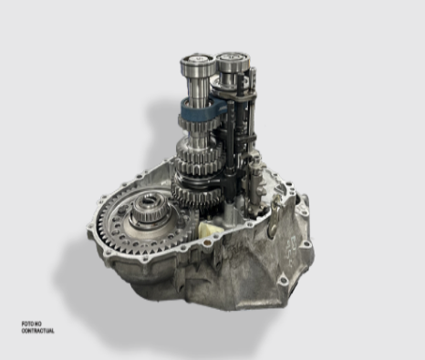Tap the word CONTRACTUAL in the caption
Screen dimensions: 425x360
point(37,331)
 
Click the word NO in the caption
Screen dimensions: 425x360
point(38,324)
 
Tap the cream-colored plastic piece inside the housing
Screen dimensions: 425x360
point(208,229)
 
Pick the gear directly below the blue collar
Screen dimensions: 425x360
point(198,125)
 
